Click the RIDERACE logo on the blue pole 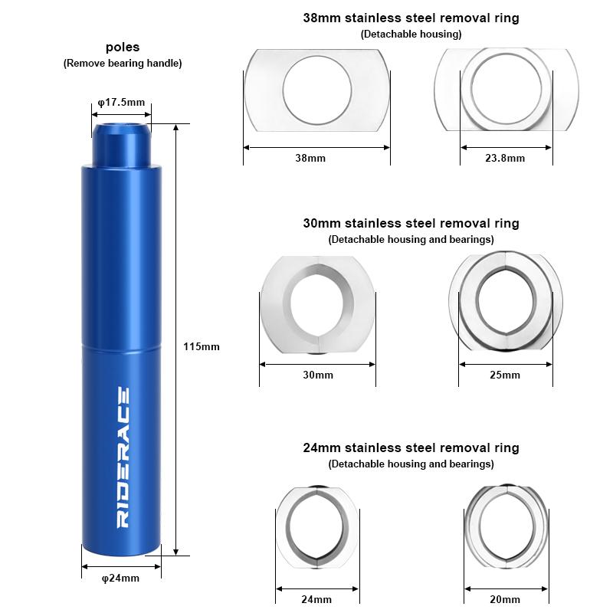coord(123,457)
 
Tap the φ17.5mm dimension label coord(121,103)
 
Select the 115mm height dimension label coord(202,346)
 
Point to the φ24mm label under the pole coord(120,578)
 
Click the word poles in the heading coord(123,47)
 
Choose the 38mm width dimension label coord(310,158)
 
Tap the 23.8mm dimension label coord(505,158)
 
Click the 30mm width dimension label coord(318,375)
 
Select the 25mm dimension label coord(505,375)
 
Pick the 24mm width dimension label coord(316,599)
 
